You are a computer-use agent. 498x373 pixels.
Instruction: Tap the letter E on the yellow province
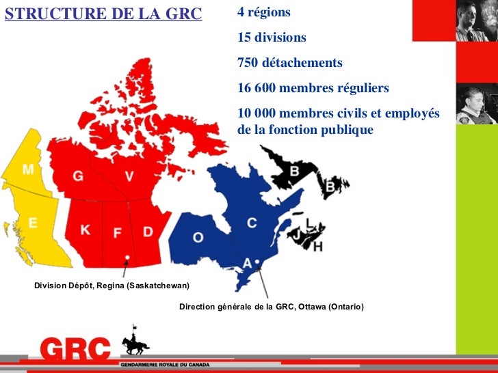click(32, 222)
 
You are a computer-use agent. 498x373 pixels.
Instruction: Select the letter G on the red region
click(79, 176)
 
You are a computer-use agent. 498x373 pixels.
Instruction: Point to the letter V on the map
click(129, 176)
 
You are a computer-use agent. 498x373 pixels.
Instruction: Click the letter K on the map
click(86, 230)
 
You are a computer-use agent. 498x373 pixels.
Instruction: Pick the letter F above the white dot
click(117, 233)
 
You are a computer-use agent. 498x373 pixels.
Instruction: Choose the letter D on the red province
click(148, 232)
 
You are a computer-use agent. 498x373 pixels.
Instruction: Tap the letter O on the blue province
click(198, 237)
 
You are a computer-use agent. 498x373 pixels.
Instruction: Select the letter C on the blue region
click(252, 223)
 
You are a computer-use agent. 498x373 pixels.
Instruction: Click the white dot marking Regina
click(127, 258)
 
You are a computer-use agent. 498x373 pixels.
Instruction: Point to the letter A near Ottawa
click(247, 263)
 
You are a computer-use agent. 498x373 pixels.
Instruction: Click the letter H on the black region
click(317, 247)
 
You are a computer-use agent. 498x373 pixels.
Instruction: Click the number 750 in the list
click(249, 63)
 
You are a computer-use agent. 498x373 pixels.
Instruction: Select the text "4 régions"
click(264, 13)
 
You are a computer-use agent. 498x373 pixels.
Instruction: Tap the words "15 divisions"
click(272, 38)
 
